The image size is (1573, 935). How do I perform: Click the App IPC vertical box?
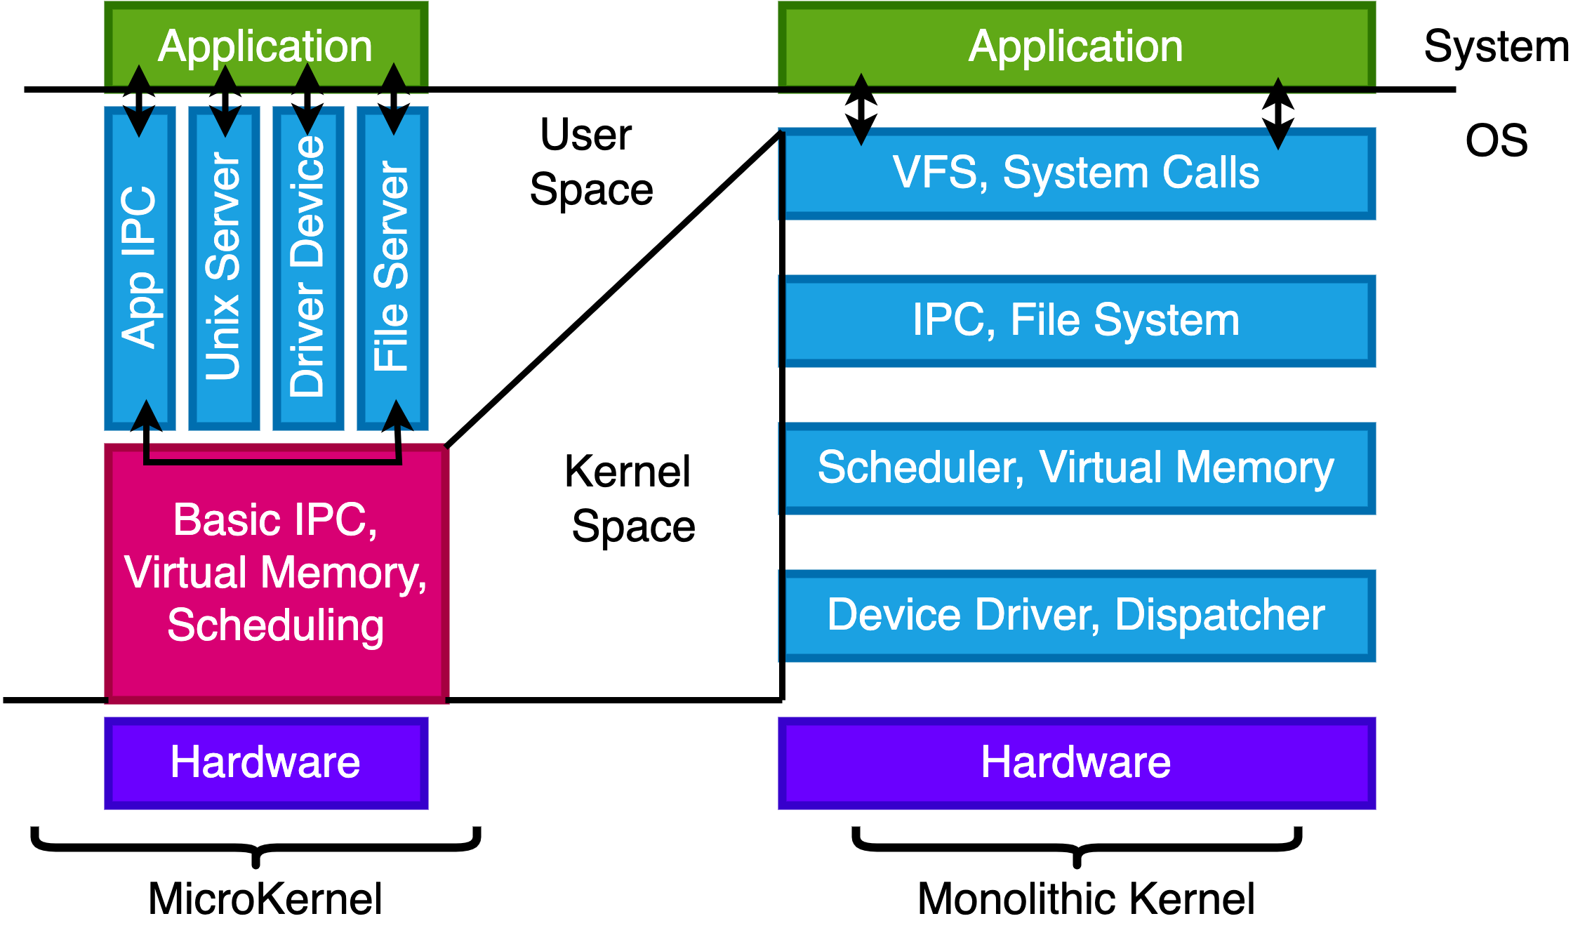coord(140,267)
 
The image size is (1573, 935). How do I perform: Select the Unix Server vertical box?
coord(224,267)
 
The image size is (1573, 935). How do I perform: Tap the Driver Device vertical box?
coord(308,267)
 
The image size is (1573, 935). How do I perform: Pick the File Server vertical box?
coord(392,267)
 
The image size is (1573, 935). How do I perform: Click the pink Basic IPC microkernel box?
coord(277,573)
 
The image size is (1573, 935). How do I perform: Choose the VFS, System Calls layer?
coord(1077,173)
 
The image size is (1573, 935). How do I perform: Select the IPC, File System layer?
coord(1077,321)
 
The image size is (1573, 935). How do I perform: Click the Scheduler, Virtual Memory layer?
coord(1077,468)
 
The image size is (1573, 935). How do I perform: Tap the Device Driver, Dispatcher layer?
coord(1077,616)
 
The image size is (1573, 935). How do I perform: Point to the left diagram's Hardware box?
coord(266,763)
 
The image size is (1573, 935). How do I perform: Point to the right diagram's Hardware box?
coord(1077,763)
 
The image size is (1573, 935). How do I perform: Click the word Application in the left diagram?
coord(265,46)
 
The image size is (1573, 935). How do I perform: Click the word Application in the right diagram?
coord(1076,46)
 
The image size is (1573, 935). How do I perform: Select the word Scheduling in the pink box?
coord(276,625)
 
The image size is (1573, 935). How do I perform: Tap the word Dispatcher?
coord(1220,615)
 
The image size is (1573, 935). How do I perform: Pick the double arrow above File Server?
coord(394,99)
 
